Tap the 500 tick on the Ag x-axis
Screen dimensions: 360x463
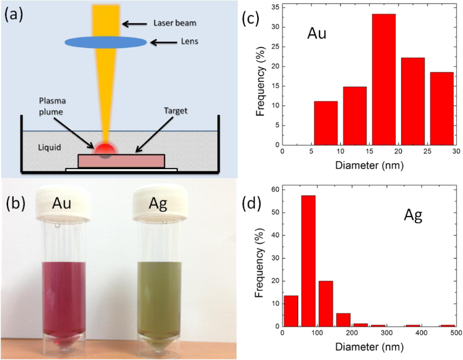point(454,334)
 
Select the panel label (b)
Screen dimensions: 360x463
point(16,203)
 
